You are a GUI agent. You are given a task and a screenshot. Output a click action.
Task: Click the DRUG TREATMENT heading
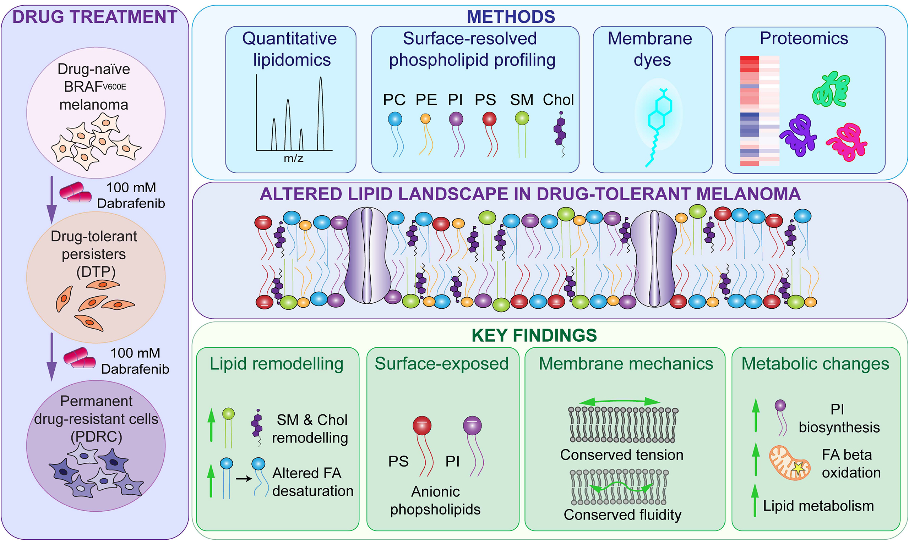click(95, 17)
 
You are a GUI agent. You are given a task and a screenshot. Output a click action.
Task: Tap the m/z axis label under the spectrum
click(294, 158)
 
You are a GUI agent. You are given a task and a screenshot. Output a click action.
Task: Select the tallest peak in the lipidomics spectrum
click(321, 114)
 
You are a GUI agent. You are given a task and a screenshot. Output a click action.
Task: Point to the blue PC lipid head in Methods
click(395, 119)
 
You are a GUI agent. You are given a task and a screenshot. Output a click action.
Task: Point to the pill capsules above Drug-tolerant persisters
click(75, 192)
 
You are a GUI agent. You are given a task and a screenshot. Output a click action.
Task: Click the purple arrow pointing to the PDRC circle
click(52, 356)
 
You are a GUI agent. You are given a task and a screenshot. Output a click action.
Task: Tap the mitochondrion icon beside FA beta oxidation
click(790, 463)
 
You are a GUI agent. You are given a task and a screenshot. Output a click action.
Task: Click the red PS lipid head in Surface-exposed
click(422, 425)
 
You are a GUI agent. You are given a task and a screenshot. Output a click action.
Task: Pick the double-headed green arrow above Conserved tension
click(620, 401)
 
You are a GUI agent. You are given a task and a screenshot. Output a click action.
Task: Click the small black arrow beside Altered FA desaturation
click(244, 479)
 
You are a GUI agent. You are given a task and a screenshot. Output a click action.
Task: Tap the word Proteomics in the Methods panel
click(804, 38)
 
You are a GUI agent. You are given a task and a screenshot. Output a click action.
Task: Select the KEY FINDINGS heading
click(534, 335)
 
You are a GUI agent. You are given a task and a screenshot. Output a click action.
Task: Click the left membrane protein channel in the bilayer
click(368, 255)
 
